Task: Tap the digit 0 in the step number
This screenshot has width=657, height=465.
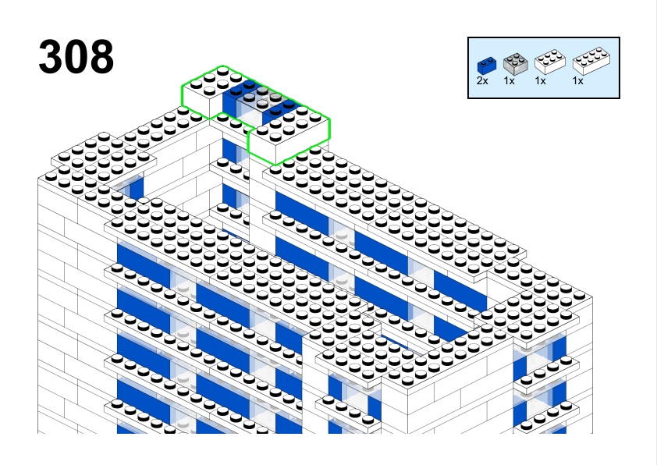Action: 76,56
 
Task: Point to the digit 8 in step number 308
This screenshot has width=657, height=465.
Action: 101,56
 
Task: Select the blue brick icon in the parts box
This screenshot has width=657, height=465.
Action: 487,66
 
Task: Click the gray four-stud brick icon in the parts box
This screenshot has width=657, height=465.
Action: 515,64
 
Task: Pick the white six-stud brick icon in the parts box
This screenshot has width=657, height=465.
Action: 550,62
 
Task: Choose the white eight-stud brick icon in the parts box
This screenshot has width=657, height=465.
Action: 591,61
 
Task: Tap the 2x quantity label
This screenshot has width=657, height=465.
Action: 482,81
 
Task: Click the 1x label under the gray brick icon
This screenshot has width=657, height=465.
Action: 509,81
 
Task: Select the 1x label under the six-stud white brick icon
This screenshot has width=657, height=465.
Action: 541,81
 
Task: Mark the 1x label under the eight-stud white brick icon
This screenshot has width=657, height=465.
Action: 578,81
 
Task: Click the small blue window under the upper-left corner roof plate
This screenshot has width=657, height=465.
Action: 137,188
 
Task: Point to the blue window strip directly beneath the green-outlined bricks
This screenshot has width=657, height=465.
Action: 229,150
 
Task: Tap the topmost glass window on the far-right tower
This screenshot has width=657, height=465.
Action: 540,356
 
